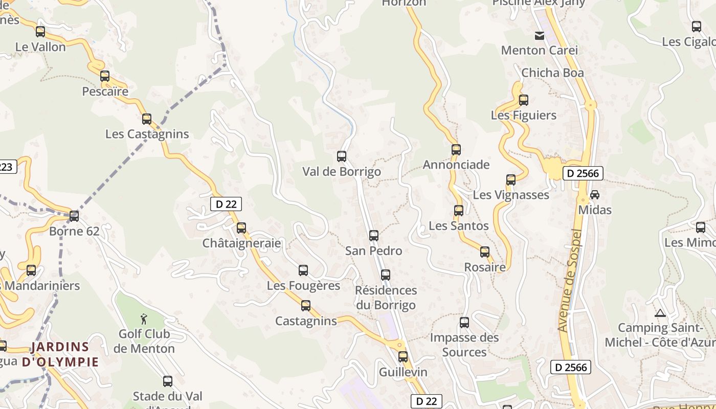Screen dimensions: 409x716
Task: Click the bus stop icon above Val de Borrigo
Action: click(342, 156)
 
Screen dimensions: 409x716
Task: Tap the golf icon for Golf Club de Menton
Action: click(144, 320)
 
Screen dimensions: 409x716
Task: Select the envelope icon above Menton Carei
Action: click(540, 36)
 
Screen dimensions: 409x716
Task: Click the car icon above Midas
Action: click(595, 195)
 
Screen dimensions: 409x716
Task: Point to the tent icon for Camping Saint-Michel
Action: click(660, 313)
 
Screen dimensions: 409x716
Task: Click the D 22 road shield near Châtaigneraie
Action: click(226, 204)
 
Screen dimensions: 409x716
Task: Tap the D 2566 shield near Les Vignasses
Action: click(583, 173)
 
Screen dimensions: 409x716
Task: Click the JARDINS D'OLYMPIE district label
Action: click(60, 354)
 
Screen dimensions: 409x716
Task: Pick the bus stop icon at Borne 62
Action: click(74, 216)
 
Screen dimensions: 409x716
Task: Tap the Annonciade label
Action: click(456, 165)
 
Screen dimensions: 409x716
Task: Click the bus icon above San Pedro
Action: click(374, 236)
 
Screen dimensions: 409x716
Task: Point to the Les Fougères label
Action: click(303, 286)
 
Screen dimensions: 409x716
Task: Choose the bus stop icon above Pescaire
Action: click(105, 76)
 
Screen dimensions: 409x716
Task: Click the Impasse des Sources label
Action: click(464, 345)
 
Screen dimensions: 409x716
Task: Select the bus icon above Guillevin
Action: click(403, 357)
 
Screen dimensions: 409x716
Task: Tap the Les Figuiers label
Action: click(524, 116)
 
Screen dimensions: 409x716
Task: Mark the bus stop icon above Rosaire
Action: click(485, 252)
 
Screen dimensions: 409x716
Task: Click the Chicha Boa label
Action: click(552, 73)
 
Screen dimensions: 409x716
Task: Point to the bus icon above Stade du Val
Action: click(168, 381)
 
